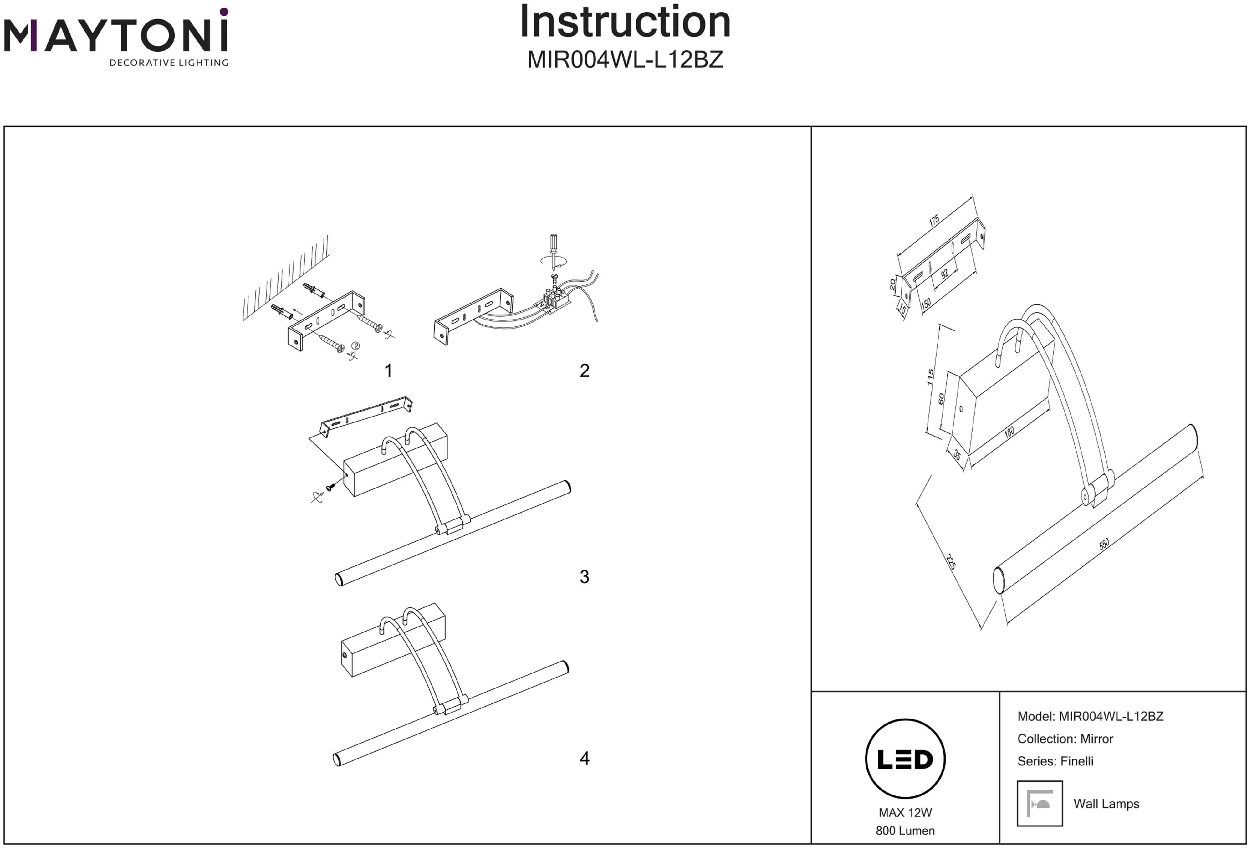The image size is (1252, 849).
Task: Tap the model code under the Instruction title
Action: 625,60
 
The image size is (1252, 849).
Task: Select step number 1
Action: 388,371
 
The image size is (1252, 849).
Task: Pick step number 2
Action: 585,371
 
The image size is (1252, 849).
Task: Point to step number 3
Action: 585,577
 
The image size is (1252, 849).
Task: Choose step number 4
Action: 585,759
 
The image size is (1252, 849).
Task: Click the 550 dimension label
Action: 1104,544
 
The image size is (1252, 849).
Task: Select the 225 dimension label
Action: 951,562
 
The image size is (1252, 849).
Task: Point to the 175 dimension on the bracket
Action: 934,220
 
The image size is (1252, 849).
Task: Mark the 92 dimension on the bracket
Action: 944,274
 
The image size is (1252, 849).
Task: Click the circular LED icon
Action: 905,759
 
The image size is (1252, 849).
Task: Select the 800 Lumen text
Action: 905,831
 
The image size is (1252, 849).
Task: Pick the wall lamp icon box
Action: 1040,804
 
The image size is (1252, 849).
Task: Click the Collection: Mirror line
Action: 1065,739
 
